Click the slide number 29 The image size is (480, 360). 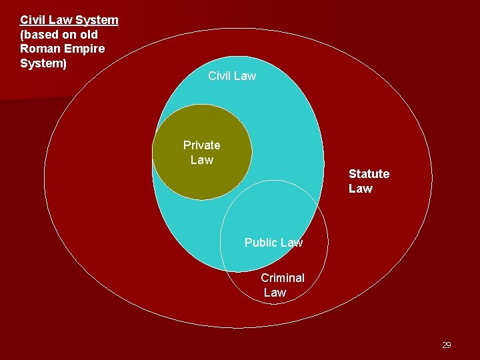tap(446, 345)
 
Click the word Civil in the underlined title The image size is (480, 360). tap(33, 20)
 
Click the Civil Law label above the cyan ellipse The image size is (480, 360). tap(231, 76)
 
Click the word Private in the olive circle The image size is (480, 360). tap(201, 145)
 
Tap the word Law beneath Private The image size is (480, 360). tap(201, 160)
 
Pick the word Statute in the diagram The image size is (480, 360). tap(369, 174)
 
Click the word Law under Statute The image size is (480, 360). tap(361, 189)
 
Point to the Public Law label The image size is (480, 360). tap(273, 243)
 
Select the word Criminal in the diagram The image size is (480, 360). tap(283, 278)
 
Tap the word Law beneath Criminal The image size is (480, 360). tap(275, 293)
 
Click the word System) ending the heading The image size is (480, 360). tap(43, 63)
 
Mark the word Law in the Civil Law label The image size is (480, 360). tap(244, 76)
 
